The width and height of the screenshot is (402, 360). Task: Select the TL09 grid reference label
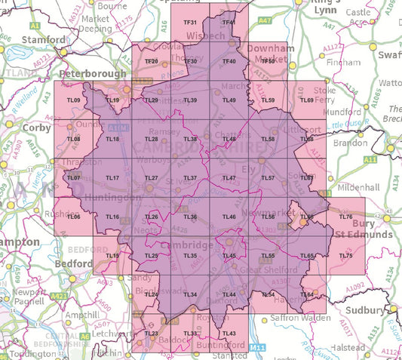73,100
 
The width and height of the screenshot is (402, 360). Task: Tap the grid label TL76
346,217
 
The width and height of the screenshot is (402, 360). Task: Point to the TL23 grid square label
151,333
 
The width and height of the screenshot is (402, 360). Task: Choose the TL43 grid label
230,333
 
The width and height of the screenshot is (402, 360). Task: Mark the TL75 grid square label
346,257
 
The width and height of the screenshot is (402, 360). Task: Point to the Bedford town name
74,263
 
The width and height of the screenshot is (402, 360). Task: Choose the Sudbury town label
366,309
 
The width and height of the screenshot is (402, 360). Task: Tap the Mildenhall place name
349,185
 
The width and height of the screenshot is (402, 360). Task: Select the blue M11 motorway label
258,347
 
